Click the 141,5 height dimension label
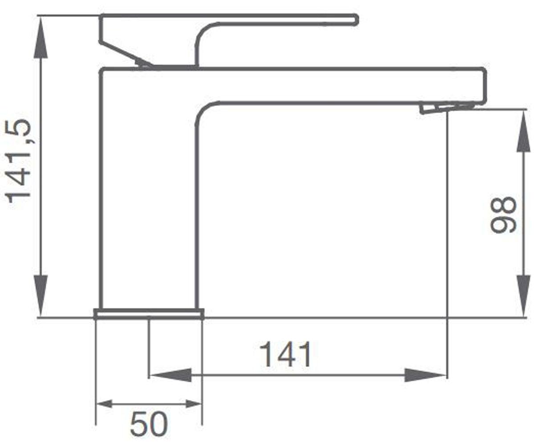(x=18, y=162)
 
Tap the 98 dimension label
(x=503, y=215)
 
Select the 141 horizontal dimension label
(x=285, y=355)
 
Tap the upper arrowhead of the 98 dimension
(x=523, y=130)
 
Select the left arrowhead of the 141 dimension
(x=170, y=375)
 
